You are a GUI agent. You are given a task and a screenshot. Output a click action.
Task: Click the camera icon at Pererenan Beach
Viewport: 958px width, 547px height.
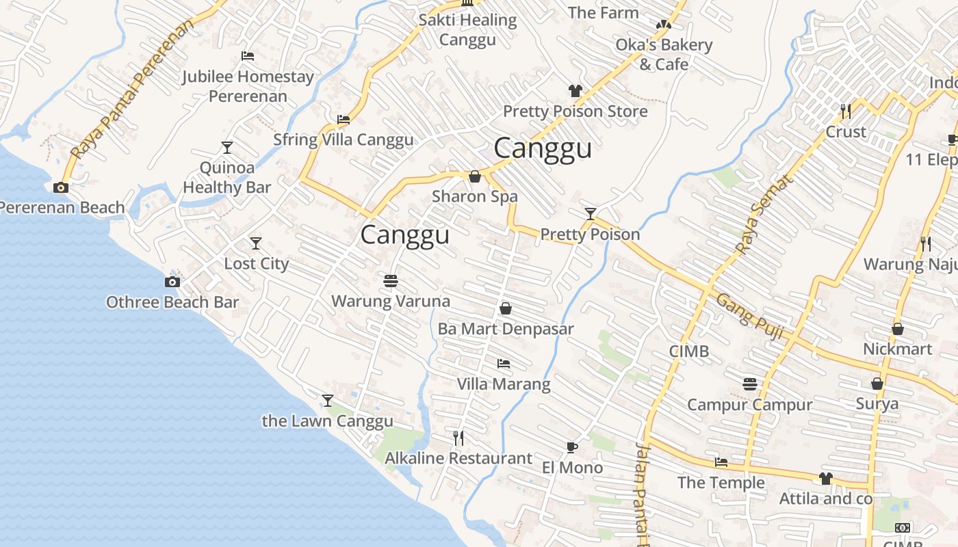click(61, 187)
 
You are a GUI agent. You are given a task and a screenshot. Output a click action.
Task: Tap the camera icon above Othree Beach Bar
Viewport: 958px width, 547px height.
click(172, 282)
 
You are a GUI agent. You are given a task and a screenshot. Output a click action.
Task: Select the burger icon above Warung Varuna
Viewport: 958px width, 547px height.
click(391, 280)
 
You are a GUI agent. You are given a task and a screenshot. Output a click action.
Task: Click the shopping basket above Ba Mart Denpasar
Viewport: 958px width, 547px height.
click(506, 308)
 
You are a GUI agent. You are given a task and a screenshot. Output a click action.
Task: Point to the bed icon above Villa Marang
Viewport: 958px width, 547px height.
click(504, 363)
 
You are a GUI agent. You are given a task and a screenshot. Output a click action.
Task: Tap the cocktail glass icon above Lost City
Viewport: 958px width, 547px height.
click(256, 243)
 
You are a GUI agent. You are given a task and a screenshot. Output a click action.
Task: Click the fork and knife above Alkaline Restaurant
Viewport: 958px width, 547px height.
click(458, 438)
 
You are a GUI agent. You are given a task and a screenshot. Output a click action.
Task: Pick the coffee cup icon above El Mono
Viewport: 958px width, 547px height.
click(572, 447)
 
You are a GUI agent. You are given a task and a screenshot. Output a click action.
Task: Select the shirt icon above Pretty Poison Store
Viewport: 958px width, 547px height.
click(575, 91)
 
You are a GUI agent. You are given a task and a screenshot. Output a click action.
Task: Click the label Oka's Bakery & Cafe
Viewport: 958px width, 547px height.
click(664, 55)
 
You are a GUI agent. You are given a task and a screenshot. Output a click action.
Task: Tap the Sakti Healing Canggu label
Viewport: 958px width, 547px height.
click(467, 29)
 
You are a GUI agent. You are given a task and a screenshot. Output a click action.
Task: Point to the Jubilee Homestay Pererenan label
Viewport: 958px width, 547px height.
click(248, 86)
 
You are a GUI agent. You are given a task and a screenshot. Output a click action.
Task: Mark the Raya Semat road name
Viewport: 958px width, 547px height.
click(766, 213)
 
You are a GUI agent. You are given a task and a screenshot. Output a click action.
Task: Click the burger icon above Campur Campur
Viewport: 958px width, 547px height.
click(750, 384)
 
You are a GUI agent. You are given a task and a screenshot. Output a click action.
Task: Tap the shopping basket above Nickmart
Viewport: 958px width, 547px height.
click(898, 329)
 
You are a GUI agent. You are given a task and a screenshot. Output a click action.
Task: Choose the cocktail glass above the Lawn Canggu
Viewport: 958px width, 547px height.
click(328, 400)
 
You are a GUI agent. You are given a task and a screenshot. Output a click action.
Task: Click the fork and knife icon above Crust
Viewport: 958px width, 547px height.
click(846, 111)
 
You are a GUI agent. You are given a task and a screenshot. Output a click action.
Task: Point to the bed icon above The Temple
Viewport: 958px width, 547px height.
click(721, 462)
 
